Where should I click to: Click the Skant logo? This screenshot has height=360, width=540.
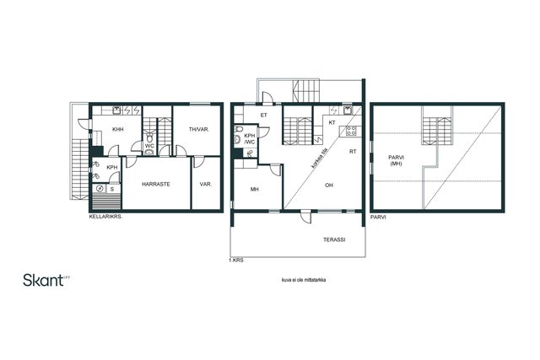[x=46, y=280]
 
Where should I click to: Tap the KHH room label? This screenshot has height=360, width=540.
[x=118, y=129]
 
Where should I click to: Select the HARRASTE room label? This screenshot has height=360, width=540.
[x=156, y=184]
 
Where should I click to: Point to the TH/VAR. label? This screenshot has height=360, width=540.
[x=199, y=129]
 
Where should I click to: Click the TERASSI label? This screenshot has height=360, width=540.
[x=334, y=239]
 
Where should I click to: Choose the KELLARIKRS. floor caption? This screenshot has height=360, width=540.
[x=105, y=217]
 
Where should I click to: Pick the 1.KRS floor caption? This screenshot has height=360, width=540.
[x=236, y=261]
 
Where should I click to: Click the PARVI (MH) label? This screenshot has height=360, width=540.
[x=396, y=160]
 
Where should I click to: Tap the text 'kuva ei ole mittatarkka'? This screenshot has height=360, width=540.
[x=304, y=280]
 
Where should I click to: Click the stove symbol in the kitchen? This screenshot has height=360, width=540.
[x=351, y=131]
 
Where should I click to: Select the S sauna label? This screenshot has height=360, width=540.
[x=112, y=190]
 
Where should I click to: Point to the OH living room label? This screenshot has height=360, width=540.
[x=329, y=185]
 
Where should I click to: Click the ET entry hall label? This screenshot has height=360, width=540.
[x=264, y=116]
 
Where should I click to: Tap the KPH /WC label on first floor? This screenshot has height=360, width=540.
[x=250, y=139]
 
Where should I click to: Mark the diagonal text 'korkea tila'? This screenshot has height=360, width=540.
[x=319, y=160]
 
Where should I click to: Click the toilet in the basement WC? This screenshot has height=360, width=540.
[x=149, y=138]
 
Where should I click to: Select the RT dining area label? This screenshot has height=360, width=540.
[x=353, y=152]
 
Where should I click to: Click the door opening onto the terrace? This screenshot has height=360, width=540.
[x=305, y=217]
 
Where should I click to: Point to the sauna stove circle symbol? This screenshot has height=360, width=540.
[x=100, y=189]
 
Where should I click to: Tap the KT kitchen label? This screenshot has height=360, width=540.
[x=332, y=122]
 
